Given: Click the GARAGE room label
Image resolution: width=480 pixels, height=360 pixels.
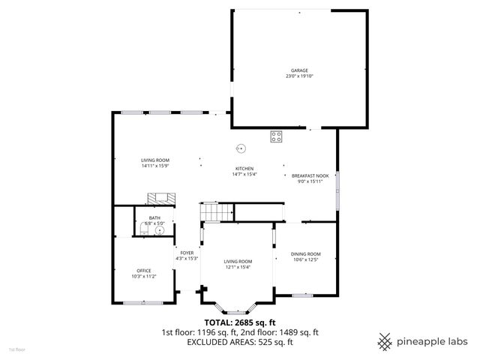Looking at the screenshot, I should (x=299, y=70).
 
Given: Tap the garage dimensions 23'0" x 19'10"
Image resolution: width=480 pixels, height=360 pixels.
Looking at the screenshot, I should (x=299, y=76).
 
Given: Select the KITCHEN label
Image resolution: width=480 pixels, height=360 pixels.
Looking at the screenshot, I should (x=244, y=169).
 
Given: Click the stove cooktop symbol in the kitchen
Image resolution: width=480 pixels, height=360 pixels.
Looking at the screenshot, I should (x=277, y=136).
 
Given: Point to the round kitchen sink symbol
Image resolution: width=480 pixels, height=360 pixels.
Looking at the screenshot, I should (x=241, y=147).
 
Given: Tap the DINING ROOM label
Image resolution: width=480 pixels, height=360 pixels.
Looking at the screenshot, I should (x=305, y=254).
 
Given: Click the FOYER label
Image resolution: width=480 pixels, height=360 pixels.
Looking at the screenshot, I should (x=187, y=253).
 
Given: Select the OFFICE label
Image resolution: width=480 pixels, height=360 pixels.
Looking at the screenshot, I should (x=143, y=271).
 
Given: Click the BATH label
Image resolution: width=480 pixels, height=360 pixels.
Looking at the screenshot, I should (x=154, y=217).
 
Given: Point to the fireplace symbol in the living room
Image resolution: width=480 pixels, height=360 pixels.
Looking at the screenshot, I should (x=159, y=198).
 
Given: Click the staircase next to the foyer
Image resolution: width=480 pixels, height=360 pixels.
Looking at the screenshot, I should (x=211, y=213).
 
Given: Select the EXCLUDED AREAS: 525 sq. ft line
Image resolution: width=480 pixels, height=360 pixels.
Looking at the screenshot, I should (x=240, y=342).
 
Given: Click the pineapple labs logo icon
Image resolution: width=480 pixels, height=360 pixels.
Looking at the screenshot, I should (x=385, y=341).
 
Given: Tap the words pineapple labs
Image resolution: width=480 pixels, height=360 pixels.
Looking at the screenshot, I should (x=433, y=342).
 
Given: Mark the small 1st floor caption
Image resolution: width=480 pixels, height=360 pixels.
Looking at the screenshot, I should (x=16, y=349).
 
